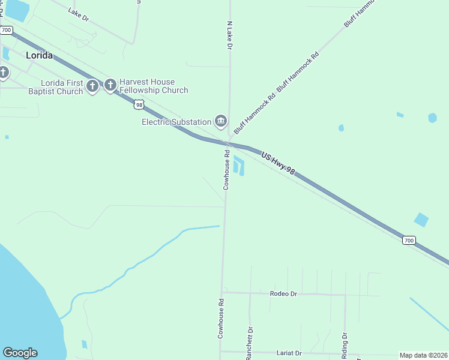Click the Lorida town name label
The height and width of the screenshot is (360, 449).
click(39, 55)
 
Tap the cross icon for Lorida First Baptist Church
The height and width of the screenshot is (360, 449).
click(92, 86)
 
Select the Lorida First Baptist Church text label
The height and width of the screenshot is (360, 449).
click(55, 87)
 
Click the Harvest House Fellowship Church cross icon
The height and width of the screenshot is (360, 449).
click(110, 86)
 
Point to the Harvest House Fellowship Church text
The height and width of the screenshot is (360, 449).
click(154, 86)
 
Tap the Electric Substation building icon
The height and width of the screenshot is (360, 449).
click(221, 122)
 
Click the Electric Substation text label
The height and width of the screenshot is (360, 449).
click(176, 122)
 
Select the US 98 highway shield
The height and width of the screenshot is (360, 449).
click(139, 104)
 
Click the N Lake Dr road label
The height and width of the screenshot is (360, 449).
click(229, 35)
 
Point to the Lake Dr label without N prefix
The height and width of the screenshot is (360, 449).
click(78, 15)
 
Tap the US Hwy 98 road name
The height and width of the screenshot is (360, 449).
click(279, 163)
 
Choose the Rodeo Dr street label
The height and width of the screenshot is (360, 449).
click(283, 293)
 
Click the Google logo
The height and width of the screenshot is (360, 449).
click(20, 353)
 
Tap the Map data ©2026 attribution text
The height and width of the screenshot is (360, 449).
click(423, 355)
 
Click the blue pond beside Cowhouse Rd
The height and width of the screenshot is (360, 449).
click(239, 166)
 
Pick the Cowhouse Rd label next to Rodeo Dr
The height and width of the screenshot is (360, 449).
click(221, 317)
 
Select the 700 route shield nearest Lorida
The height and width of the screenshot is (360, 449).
click(7, 29)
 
